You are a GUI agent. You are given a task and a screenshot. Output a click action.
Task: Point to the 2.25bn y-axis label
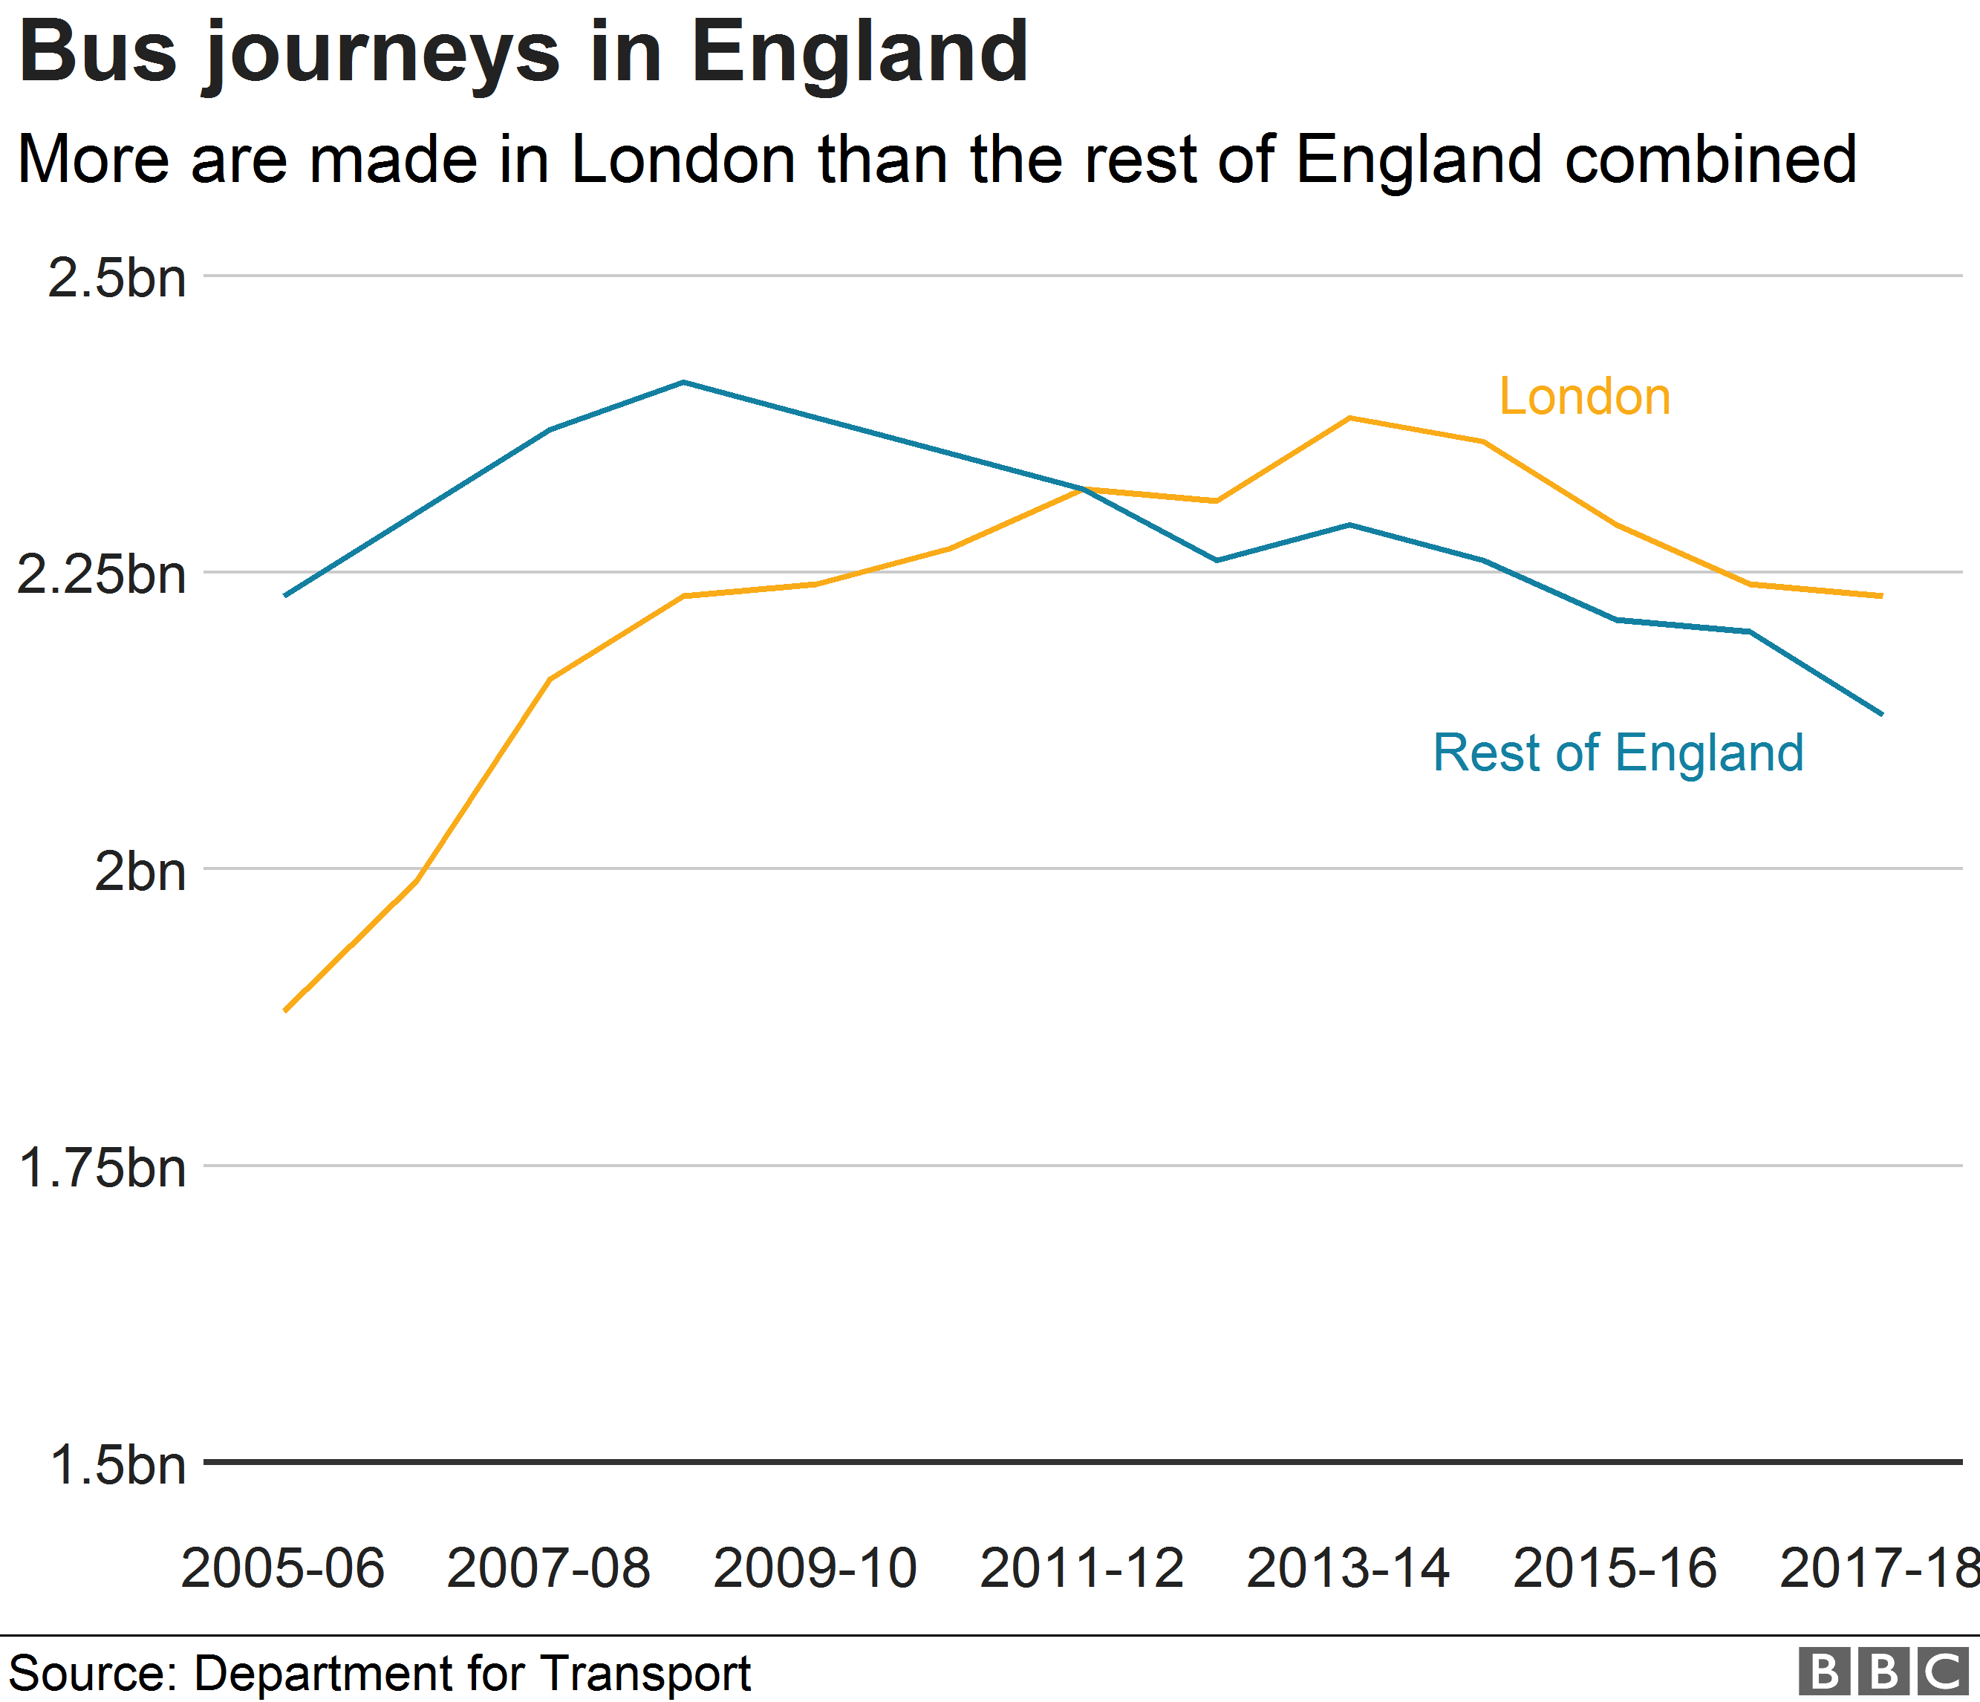point(101,574)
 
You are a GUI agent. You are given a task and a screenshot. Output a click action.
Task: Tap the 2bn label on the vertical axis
point(140,871)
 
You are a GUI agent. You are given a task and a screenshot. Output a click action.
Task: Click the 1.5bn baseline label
point(117,1464)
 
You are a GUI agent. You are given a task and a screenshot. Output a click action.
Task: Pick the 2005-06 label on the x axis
point(283,1568)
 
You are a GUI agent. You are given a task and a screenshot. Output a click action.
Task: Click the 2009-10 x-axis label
point(815,1568)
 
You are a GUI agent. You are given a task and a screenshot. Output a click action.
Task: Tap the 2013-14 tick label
point(1349,1568)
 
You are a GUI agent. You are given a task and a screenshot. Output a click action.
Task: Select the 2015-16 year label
point(1615,1568)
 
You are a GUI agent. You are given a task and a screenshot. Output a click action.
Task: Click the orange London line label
point(1584,396)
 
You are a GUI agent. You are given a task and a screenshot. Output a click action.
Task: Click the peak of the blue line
point(683,383)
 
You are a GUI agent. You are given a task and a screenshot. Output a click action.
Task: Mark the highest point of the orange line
point(1349,418)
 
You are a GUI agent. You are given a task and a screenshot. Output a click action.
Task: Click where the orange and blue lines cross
point(1083,490)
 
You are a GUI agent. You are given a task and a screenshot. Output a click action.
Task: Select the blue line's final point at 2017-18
point(1880,714)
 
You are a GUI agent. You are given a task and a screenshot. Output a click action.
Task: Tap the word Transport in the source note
point(645,1673)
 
